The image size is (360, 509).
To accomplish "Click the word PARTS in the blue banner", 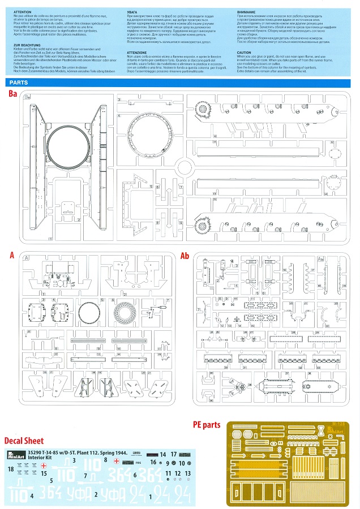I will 19,83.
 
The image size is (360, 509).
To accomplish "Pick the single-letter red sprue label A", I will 12,256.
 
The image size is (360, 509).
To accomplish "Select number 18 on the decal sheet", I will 11,469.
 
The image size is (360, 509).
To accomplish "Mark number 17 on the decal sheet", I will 174,454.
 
